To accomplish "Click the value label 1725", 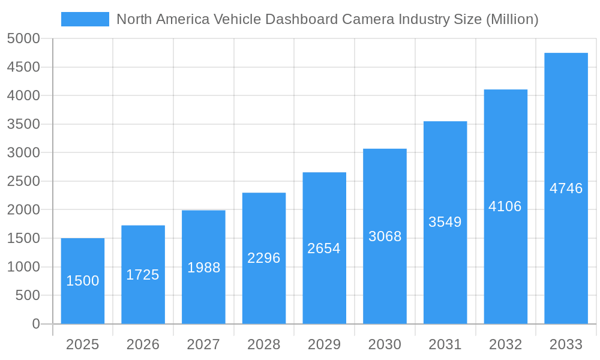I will (143, 275).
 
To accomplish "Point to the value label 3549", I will (445, 222).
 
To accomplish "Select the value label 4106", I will (505, 206).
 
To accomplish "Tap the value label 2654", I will (324, 248).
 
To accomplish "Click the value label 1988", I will (203, 268).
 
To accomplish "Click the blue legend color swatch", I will (85, 19).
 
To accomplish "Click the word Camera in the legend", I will (367, 19).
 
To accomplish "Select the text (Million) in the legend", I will (512, 19).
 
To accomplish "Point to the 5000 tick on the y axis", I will (23, 38).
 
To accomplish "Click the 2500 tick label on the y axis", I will (23, 181).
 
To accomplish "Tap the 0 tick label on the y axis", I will (36, 324).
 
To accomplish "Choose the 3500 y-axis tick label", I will (23, 124).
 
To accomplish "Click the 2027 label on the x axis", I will (203, 344).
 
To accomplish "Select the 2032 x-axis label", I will (505, 344).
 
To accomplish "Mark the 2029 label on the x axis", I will (324, 344).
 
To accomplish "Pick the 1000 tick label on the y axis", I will (23, 267).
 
